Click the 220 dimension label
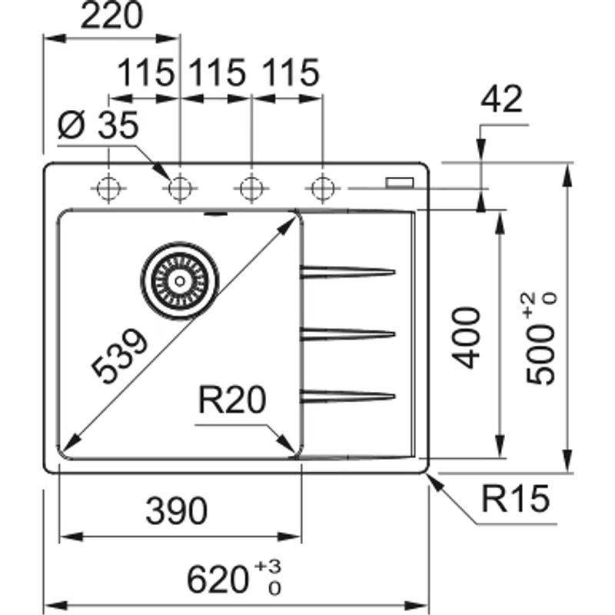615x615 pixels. pos(112,17)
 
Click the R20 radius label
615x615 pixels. pos(231,400)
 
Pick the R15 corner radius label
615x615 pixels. pos(516,501)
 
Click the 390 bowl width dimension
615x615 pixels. pos(176,511)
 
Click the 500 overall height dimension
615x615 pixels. pos(541,338)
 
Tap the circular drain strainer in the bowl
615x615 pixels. pos(179,281)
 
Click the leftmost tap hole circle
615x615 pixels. pos(108,187)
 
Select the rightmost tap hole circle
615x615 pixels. pos(321,187)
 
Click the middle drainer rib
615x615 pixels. pos(347,333)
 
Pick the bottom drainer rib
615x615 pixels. pos(347,396)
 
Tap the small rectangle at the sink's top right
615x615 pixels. pos(400,182)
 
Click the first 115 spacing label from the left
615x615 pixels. pos(145,74)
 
